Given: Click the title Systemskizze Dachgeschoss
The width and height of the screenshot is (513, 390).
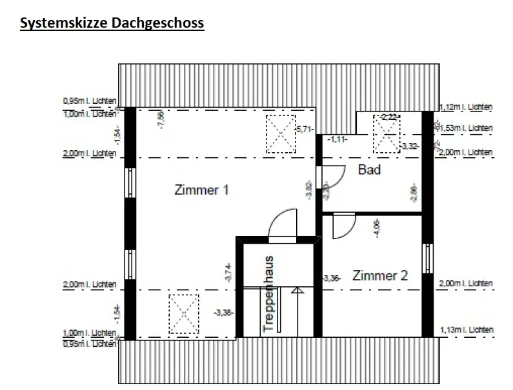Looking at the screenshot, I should point(112,24).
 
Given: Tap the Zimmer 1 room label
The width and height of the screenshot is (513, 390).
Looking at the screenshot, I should point(202,191).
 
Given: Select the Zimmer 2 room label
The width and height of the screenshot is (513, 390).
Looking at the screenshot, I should point(380,276).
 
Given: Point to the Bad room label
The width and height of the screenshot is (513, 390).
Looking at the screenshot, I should point(369,170).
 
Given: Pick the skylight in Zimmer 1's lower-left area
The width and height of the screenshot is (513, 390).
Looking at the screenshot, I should point(183,313).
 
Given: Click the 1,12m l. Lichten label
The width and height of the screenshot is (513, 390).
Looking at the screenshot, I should point(466,107).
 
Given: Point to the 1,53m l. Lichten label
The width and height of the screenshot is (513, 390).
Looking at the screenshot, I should point(467,128).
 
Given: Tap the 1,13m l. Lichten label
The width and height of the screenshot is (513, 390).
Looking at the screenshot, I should point(466,330).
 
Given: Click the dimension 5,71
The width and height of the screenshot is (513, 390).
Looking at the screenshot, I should point(305,130).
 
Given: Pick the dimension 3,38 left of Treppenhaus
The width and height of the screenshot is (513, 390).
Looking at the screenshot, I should point(223,313).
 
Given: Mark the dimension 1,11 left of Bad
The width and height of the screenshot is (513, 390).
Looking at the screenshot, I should point(337,139).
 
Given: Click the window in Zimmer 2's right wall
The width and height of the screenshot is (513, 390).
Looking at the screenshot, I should point(427,258).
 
